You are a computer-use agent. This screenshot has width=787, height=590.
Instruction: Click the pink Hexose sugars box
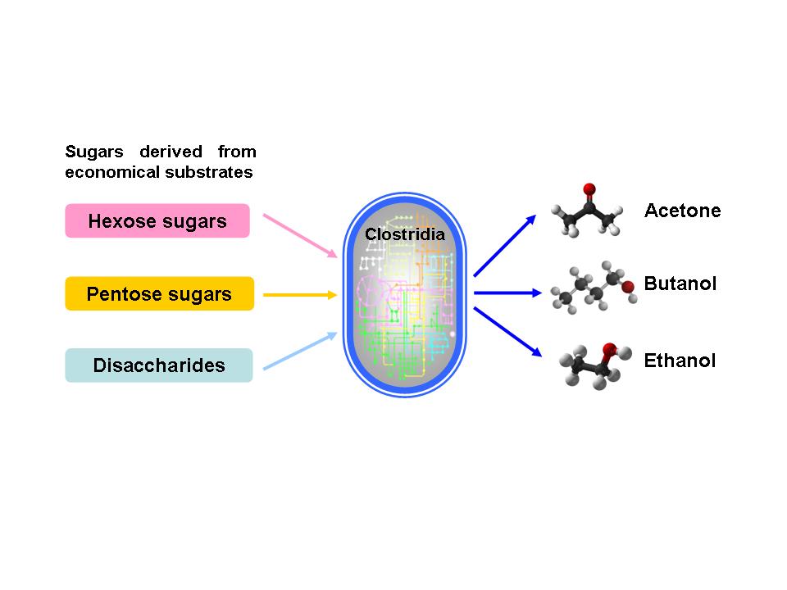point(157,221)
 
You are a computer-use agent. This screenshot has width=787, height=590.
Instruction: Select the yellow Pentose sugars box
point(159,294)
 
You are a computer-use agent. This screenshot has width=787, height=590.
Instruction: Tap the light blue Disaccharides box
point(159,365)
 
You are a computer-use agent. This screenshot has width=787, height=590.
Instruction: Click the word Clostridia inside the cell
point(405,234)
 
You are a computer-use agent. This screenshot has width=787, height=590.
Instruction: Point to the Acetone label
point(682,211)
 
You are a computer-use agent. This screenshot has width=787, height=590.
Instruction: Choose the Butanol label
point(680,284)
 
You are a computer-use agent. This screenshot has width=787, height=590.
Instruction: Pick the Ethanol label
point(680,361)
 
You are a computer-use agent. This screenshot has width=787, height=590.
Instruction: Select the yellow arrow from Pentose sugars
point(300,294)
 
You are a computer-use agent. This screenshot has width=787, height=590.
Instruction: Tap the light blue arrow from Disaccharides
point(300,351)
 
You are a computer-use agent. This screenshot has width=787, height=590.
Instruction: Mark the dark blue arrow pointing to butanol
point(505,293)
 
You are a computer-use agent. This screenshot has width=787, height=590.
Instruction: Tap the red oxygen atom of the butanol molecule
point(628,287)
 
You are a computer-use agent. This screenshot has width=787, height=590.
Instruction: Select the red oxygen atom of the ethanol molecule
point(609,350)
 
